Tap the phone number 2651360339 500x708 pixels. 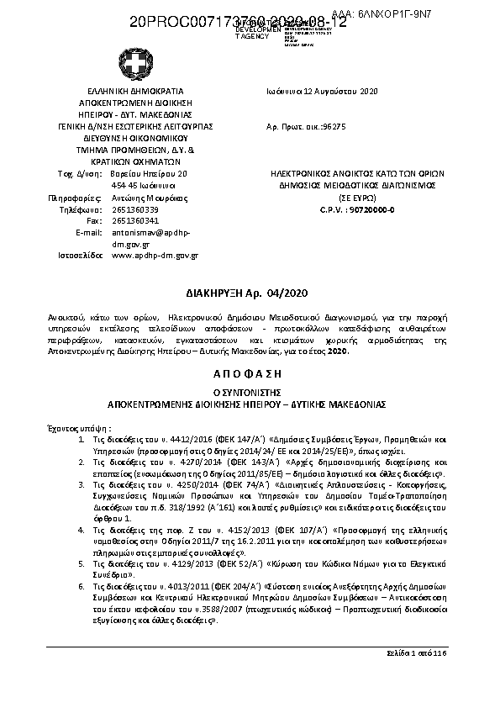134,209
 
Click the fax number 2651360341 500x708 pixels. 134,220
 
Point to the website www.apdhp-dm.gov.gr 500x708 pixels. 155,254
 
